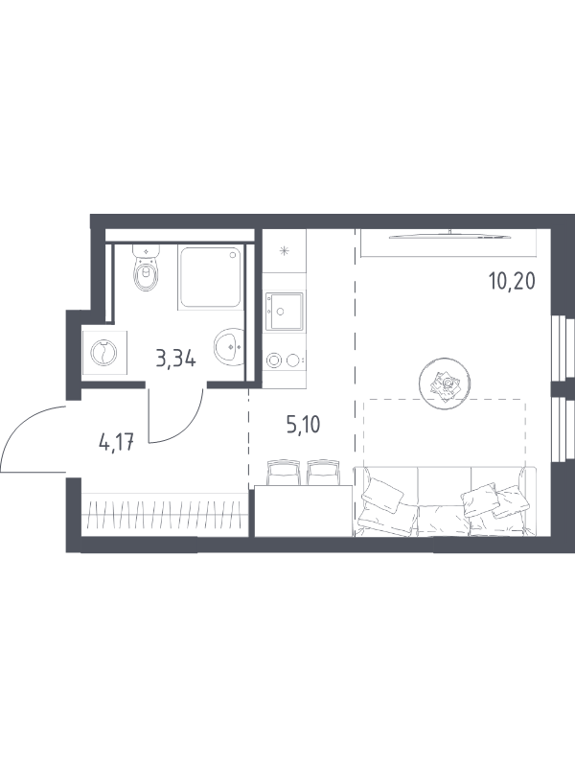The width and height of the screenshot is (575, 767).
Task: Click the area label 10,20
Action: point(512,281)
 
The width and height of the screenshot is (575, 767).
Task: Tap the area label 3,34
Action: point(176,360)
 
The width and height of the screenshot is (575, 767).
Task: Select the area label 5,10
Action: point(304,425)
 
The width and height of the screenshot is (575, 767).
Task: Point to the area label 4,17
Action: point(116,443)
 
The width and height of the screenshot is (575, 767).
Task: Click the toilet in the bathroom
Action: point(147,267)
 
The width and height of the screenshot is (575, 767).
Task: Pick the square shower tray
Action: point(211,277)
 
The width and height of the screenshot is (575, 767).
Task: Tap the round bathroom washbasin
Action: point(228,346)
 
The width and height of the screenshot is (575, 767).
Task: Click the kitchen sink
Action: point(284,311)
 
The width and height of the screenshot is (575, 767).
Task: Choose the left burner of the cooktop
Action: point(273,360)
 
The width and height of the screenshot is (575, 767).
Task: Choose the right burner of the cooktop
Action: point(293,360)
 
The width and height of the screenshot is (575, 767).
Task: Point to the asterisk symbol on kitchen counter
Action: point(284,252)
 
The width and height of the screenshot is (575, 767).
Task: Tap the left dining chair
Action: point(282,472)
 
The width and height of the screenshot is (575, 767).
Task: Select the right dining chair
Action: point(323,472)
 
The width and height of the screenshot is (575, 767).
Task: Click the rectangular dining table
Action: point(303,511)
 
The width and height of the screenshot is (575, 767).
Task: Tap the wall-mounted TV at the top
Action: point(449,236)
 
